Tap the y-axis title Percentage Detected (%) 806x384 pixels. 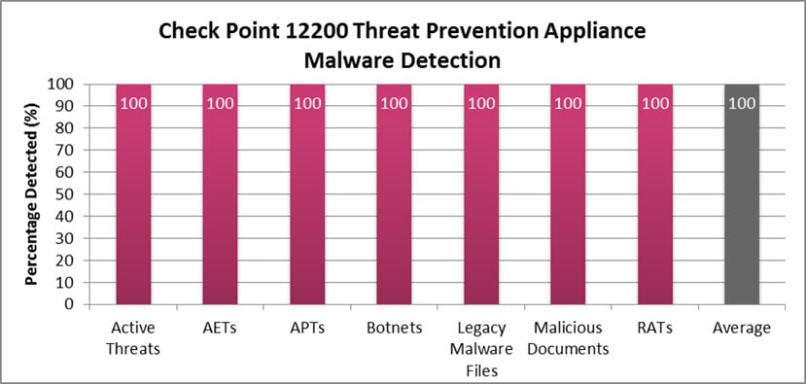click(32, 194)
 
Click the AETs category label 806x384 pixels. click(220, 328)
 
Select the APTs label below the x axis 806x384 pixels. click(306, 328)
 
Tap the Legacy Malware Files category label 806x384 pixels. click(480, 348)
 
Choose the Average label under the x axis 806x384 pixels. click(742, 328)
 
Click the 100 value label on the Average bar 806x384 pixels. click(742, 103)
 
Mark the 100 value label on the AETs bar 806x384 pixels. click(220, 103)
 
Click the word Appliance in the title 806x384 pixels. click(592, 31)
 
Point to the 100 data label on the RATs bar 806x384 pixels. click(654, 103)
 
